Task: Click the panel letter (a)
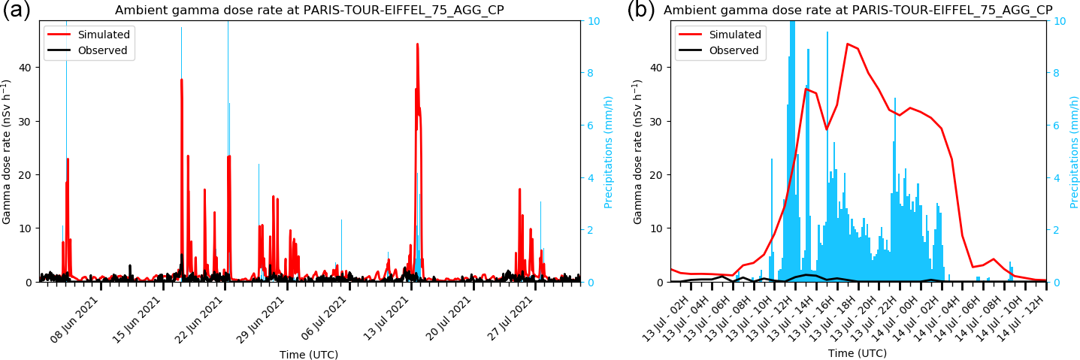pos(16,11)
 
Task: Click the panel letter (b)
pos(640,11)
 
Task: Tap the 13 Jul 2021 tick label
pos(386,319)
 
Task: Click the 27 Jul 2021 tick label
pos(510,319)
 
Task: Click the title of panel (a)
pos(309,11)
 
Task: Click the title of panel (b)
pos(858,11)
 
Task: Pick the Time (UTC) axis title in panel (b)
pos(858,353)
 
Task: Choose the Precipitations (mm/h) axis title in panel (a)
pos(609,152)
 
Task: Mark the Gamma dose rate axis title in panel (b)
pos(637,152)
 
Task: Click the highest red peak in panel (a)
pos(417,44)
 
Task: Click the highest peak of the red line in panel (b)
pos(847,44)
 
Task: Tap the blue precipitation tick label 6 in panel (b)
pos(1058,125)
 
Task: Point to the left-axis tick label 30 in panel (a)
pos(26,121)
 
